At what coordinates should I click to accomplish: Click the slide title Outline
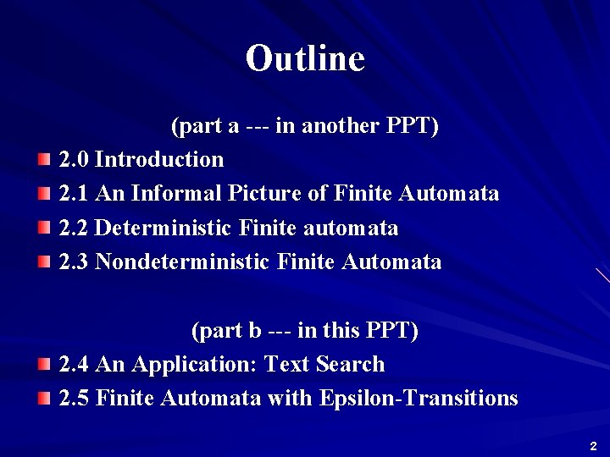coord(305,58)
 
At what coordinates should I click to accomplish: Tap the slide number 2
coord(593,446)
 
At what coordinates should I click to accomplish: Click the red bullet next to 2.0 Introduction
coord(44,159)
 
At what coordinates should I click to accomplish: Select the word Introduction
coord(159,159)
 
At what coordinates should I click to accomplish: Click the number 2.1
coord(75,194)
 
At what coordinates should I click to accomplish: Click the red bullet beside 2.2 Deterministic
coord(44,228)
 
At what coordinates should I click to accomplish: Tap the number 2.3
coord(75,262)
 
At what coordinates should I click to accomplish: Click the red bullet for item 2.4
coord(44,365)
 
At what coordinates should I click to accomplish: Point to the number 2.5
coord(75,399)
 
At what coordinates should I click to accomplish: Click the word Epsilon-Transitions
coord(419,399)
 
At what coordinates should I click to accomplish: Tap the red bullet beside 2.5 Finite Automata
coord(44,399)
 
